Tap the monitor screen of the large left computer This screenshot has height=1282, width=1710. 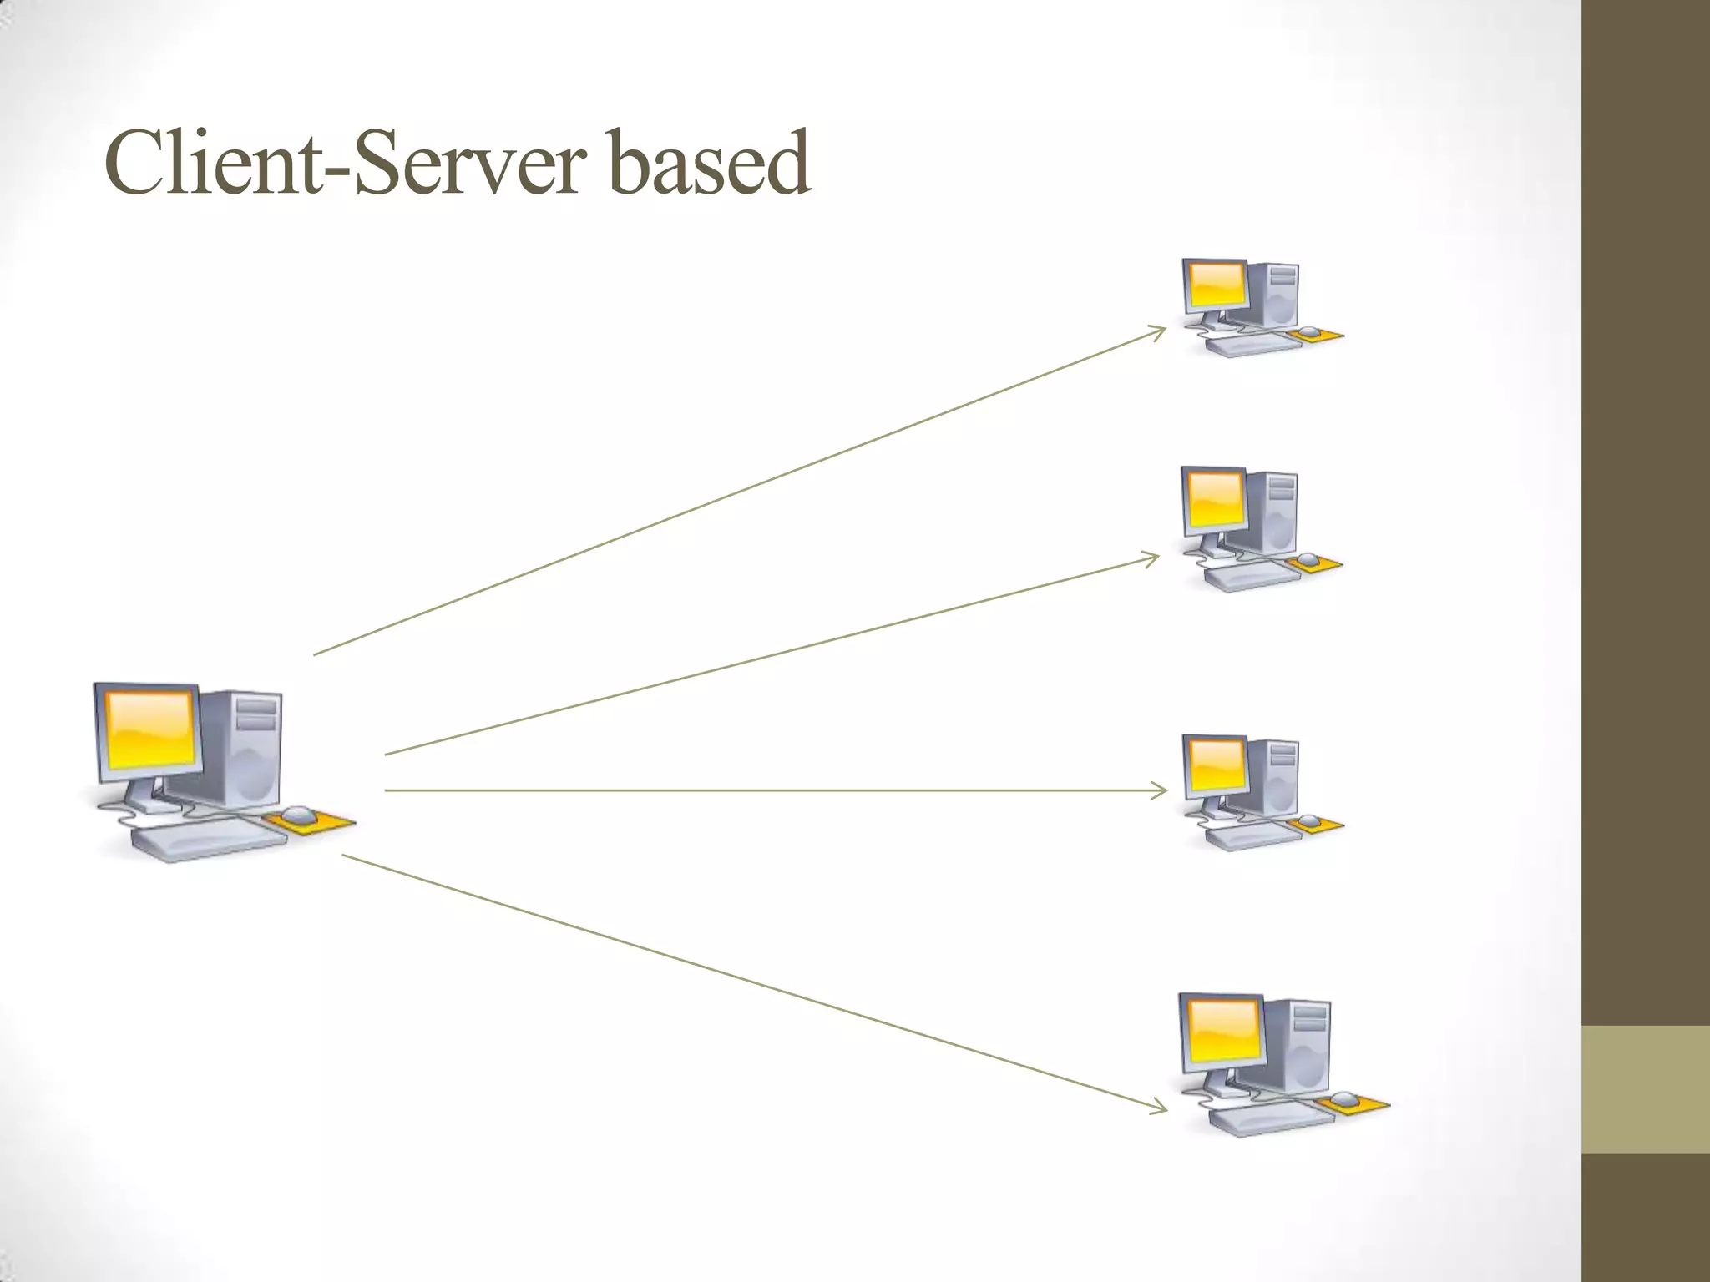pos(149,730)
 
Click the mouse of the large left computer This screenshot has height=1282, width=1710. pos(299,815)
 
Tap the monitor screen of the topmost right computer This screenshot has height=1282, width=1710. pos(1216,285)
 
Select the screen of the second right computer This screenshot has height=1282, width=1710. pos(1214,498)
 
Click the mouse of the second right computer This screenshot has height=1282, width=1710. pos(1308,559)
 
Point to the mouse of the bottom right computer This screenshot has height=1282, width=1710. pos(1345,1098)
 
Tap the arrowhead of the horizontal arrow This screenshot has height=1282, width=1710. pos(1161,790)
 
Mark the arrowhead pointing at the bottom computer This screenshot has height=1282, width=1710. pos(1161,1108)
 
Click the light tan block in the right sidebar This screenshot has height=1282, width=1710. pos(1646,1089)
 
